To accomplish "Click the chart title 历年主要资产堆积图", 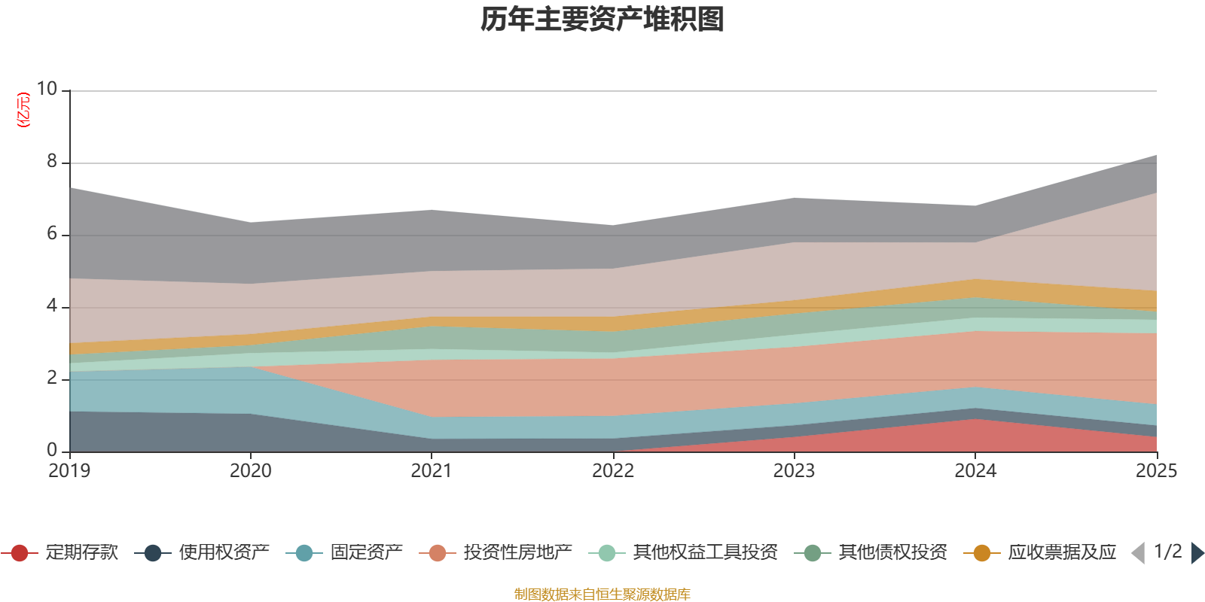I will pyautogui.click(x=602, y=20).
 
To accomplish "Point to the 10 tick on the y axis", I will pyautogui.click(x=47, y=89).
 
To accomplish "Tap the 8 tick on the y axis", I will pyautogui.click(x=52, y=161).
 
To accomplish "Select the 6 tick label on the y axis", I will pyautogui.click(x=52, y=233).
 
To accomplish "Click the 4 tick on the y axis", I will pyautogui.click(x=52, y=306).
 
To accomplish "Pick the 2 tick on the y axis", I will pyautogui.click(x=52, y=378).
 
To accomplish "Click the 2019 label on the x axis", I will pyautogui.click(x=69, y=471).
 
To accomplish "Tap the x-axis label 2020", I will pyautogui.click(x=250, y=471).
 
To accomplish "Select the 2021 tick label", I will pyautogui.click(x=432, y=471).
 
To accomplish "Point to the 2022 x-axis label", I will pyautogui.click(x=612, y=471).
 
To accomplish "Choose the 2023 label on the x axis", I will pyautogui.click(x=794, y=471).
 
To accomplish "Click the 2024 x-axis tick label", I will pyautogui.click(x=975, y=471).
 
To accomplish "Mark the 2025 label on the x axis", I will pyautogui.click(x=1156, y=471).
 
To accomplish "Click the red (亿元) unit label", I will pyautogui.click(x=24, y=110).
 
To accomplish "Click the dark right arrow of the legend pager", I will pyautogui.click(x=1197, y=553).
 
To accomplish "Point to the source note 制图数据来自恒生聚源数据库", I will pyautogui.click(x=602, y=594).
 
